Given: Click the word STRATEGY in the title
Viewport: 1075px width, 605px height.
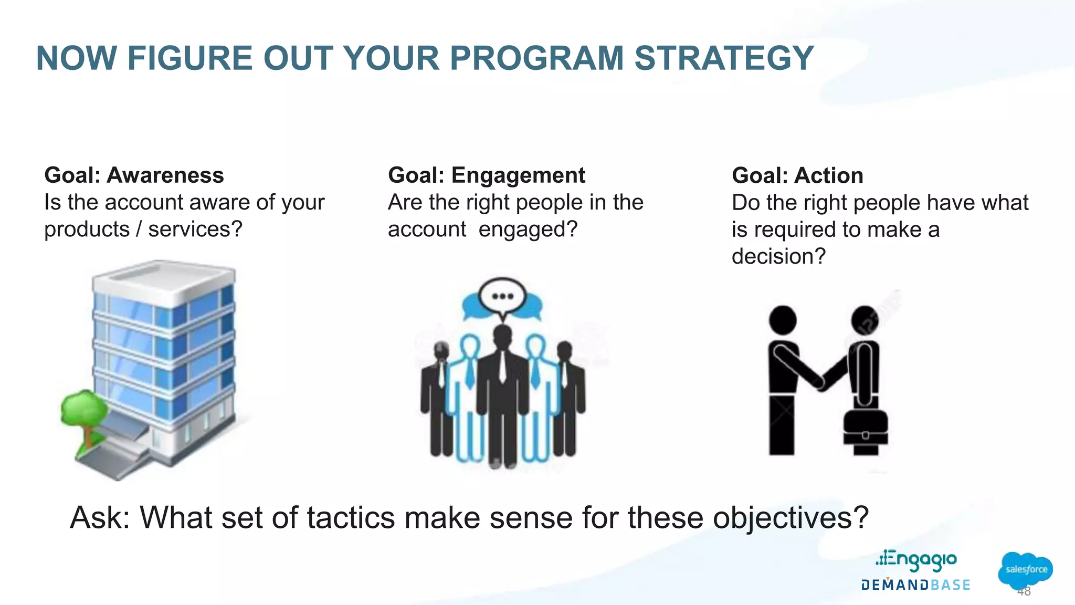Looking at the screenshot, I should point(724,58).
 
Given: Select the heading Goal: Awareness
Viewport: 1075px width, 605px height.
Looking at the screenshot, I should point(134,175).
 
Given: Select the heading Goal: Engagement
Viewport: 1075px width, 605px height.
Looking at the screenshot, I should point(486,175).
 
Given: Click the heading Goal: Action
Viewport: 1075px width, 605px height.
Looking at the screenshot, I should point(797,175).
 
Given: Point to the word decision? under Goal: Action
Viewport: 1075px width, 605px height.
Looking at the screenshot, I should point(778,256).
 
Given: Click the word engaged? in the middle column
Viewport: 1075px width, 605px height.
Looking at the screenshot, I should point(528,230).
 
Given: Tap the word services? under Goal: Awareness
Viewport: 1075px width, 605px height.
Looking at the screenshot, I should point(195,230).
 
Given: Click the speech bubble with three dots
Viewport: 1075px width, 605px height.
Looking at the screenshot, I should point(502,296).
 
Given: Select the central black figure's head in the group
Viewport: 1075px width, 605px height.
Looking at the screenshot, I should point(502,335).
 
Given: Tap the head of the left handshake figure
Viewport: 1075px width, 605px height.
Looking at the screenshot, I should point(782,320).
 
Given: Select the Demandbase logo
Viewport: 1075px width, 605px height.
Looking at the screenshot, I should point(915,585).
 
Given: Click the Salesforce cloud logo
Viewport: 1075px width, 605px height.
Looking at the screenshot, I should point(1025,570).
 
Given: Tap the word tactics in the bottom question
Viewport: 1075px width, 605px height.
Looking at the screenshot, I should point(350,518).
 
